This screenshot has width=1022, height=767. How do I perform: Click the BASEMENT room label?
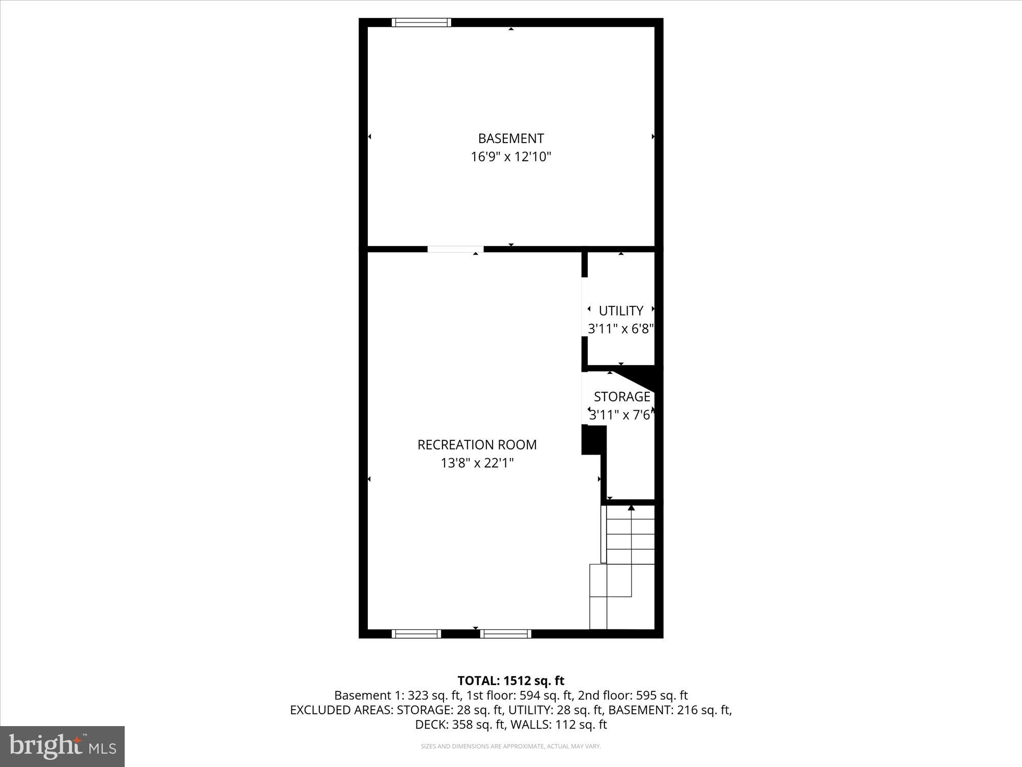coord(510,139)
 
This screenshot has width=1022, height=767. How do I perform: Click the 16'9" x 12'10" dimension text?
coord(510,157)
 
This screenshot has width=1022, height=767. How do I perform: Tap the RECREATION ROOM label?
coord(477,445)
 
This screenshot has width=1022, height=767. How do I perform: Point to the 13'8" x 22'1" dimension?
coord(477,463)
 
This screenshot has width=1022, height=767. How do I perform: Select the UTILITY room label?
coord(621,311)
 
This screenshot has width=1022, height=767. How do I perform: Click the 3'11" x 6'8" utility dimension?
coord(621,329)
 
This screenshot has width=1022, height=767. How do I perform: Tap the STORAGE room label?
coord(622,397)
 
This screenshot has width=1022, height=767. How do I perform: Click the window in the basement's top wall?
coord(421,22)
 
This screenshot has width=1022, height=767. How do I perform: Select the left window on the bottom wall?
coord(416,634)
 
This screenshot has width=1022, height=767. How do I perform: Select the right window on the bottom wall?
coord(506,634)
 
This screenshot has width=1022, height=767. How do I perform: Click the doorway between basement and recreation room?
coord(455,249)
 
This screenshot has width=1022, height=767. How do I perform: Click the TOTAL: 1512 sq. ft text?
coord(510,681)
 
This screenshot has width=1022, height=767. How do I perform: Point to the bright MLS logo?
coord(62,746)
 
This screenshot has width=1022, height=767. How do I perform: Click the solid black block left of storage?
coord(592,440)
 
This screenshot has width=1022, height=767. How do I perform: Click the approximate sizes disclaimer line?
coord(510,747)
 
